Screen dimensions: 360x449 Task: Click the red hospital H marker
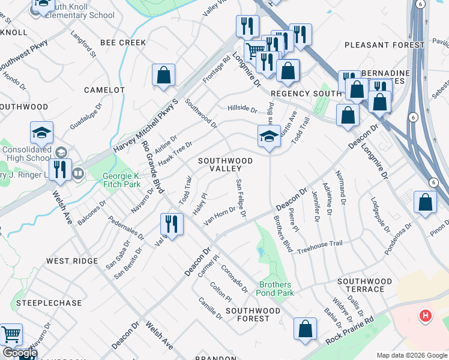click(x=426, y=315)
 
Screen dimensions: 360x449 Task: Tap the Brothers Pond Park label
click(x=277, y=289)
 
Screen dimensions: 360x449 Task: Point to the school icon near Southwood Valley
click(x=270, y=137)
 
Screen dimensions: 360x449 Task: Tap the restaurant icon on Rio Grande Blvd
click(x=172, y=225)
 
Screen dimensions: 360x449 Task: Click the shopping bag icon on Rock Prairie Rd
click(x=306, y=329)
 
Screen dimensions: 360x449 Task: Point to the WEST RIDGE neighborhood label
click(x=72, y=261)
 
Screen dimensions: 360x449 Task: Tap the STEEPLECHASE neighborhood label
click(x=48, y=303)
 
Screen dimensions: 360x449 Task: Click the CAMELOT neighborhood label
click(x=104, y=90)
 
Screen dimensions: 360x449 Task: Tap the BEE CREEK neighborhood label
click(x=123, y=43)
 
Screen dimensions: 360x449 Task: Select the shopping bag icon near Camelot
click(x=163, y=76)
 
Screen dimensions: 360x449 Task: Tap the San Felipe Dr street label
click(x=241, y=199)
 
